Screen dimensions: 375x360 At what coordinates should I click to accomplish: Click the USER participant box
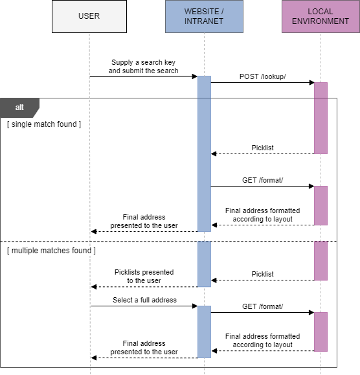[x=89, y=16]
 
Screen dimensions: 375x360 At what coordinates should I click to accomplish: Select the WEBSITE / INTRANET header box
[x=204, y=16]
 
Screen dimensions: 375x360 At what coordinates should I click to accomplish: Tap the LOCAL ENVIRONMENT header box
[x=321, y=16]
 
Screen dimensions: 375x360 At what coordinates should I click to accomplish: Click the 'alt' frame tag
[x=19, y=107]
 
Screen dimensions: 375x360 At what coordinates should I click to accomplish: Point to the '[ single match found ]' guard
[x=44, y=124]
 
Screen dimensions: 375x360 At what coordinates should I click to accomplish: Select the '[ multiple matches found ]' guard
[x=51, y=250]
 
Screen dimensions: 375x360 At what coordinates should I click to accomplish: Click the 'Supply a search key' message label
[x=143, y=67]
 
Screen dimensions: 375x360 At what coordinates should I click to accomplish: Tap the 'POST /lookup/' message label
[x=262, y=76]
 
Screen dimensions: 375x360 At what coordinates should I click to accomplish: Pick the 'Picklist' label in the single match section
[x=262, y=148]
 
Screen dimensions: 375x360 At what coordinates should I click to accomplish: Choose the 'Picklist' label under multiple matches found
[x=262, y=274]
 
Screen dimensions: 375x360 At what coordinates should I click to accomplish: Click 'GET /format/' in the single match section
[x=262, y=180]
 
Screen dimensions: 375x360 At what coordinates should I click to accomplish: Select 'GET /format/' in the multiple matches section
[x=262, y=306]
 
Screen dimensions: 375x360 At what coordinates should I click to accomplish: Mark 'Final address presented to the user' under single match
[x=144, y=222]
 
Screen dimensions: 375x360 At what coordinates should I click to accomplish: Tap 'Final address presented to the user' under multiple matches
[x=144, y=348]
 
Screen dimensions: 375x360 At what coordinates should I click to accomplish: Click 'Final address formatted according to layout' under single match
[x=262, y=215]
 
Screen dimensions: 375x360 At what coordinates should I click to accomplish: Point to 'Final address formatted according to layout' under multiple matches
[x=262, y=341]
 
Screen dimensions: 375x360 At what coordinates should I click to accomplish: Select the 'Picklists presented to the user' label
[x=144, y=277]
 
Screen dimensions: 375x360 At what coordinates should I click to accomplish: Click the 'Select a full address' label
[x=144, y=300]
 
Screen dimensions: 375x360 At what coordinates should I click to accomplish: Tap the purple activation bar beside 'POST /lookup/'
[x=321, y=118]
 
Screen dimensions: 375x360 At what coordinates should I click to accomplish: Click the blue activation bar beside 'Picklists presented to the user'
[x=204, y=264]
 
